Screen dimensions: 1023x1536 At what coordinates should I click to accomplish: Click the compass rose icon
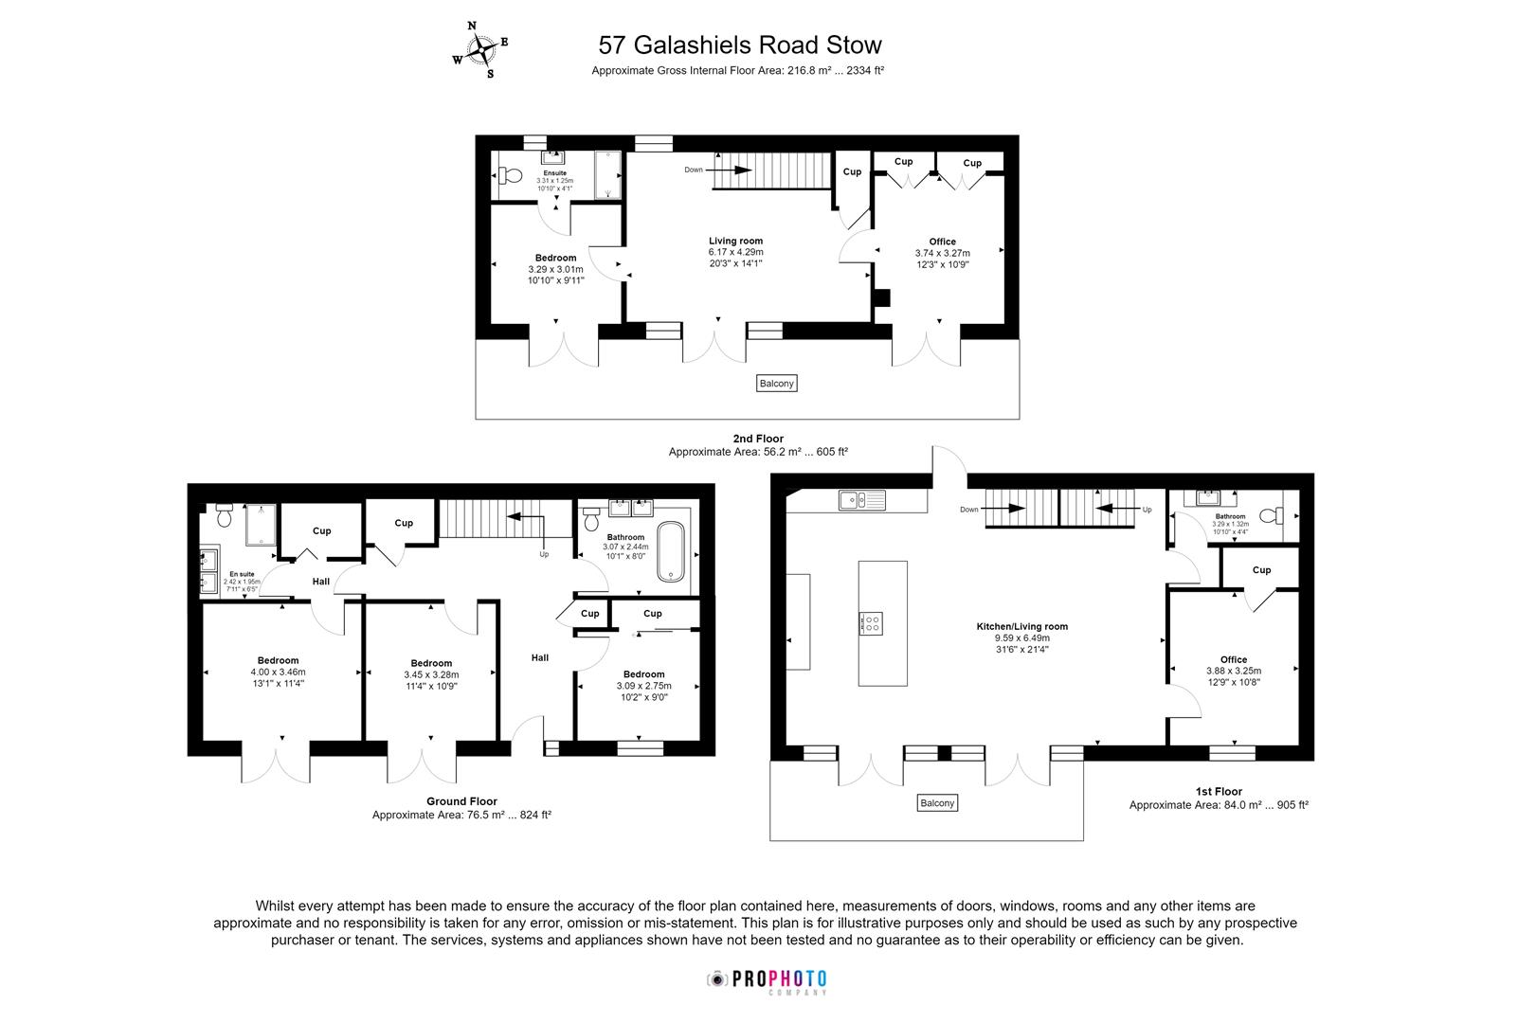click(x=480, y=49)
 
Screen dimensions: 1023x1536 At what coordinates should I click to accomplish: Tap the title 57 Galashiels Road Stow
click(x=740, y=45)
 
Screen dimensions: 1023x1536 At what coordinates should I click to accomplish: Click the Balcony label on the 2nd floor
click(x=777, y=384)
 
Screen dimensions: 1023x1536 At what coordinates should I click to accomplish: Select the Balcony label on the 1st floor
click(x=937, y=803)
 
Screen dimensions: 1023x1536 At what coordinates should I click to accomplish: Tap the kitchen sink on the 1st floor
click(x=860, y=499)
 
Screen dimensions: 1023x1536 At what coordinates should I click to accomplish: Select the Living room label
click(x=736, y=241)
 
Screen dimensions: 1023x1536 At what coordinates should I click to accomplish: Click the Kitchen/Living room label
click(x=1022, y=626)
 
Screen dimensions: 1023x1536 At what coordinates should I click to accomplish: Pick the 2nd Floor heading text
click(x=758, y=439)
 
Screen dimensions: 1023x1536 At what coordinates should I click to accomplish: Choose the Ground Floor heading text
click(x=461, y=801)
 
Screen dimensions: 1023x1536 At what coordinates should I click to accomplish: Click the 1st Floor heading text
click(x=1218, y=791)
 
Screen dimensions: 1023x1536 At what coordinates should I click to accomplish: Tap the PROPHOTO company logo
click(x=768, y=980)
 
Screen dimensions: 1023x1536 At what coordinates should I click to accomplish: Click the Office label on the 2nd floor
click(x=942, y=242)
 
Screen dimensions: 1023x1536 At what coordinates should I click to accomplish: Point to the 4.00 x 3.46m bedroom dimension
click(x=278, y=672)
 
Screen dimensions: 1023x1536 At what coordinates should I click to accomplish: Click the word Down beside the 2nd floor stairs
click(x=694, y=170)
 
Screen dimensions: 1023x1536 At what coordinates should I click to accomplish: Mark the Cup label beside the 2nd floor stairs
click(x=852, y=171)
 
